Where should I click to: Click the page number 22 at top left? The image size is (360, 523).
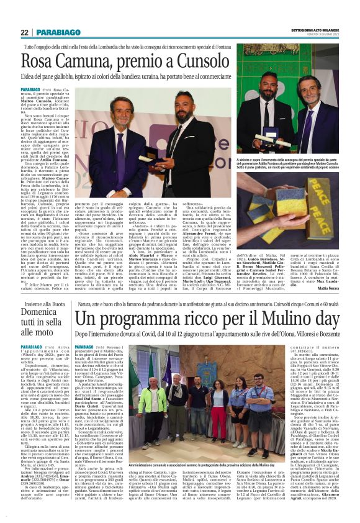24,32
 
